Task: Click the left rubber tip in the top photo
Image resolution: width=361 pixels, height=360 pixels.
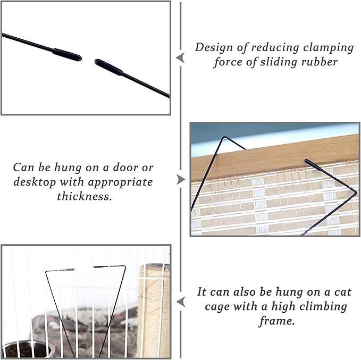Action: [x=66, y=54]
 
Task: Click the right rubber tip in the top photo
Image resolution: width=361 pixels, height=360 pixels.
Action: [x=108, y=67]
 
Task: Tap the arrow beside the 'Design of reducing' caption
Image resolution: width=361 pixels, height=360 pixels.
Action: [x=180, y=57]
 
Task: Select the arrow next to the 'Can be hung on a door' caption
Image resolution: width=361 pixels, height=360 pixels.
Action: [x=180, y=180]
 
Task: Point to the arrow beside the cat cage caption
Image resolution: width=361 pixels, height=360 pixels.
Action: [x=180, y=302]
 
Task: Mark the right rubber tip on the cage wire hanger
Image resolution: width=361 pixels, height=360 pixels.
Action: [x=100, y=266]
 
